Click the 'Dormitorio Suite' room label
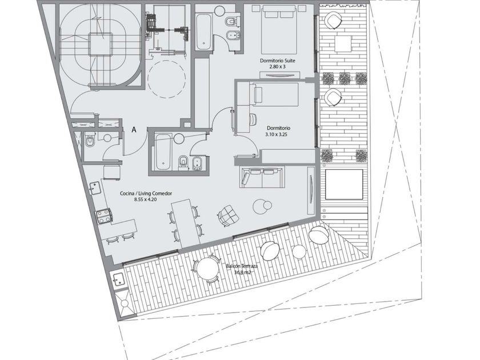tap(277, 61)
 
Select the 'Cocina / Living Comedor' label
tap(146, 194)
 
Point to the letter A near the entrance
tap(134, 130)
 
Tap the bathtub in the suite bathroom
tap(203, 32)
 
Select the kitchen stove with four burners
tap(105, 216)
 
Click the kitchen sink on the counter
tap(96, 187)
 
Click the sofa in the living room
tap(262, 177)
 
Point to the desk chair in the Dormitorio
tap(253, 119)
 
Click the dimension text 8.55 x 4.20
tap(146, 199)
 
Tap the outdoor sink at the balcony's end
tap(118, 280)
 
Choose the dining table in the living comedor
tap(186, 223)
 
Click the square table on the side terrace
tap(343, 44)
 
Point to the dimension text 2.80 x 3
tap(277, 66)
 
